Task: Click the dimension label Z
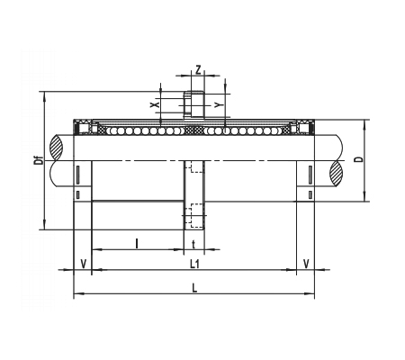[x=198, y=69]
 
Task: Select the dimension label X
[x=155, y=104]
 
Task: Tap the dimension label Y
[x=219, y=105]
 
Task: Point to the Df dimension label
[x=39, y=160]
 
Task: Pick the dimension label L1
[x=194, y=264]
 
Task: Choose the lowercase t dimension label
[x=193, y=245]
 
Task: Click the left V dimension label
[x=84, y=264]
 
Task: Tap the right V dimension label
[x=306, y=264]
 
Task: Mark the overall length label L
[x=194, y=288]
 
